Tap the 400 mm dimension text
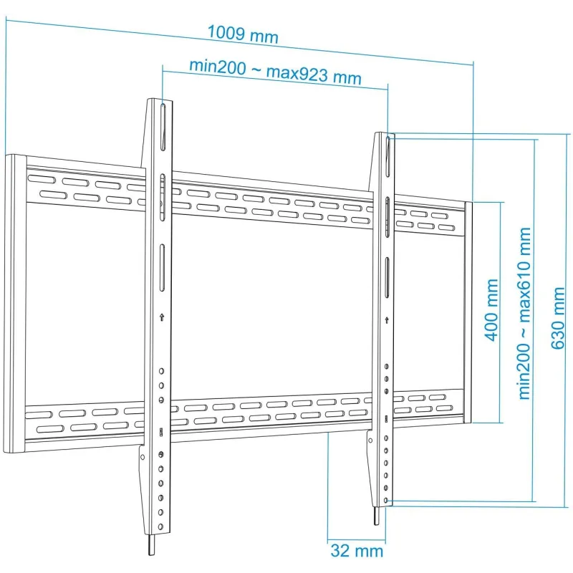click(492, 310)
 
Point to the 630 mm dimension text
click(557, 318)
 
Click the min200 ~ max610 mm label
click(524, 313)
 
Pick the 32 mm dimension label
click(357, 551)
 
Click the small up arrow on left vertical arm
click(162, 317)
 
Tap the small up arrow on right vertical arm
click(387, 320)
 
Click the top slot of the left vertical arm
click(163, 127)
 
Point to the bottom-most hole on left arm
click(160, 527)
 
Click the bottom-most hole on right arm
click(386, 500)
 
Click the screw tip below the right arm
click(377, 516)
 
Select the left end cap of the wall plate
click(15, 304)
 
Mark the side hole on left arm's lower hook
click(143, 457)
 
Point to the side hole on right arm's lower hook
click(370, 440)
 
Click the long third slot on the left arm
click(163, 268)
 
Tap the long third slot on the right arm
click(387, 277)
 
